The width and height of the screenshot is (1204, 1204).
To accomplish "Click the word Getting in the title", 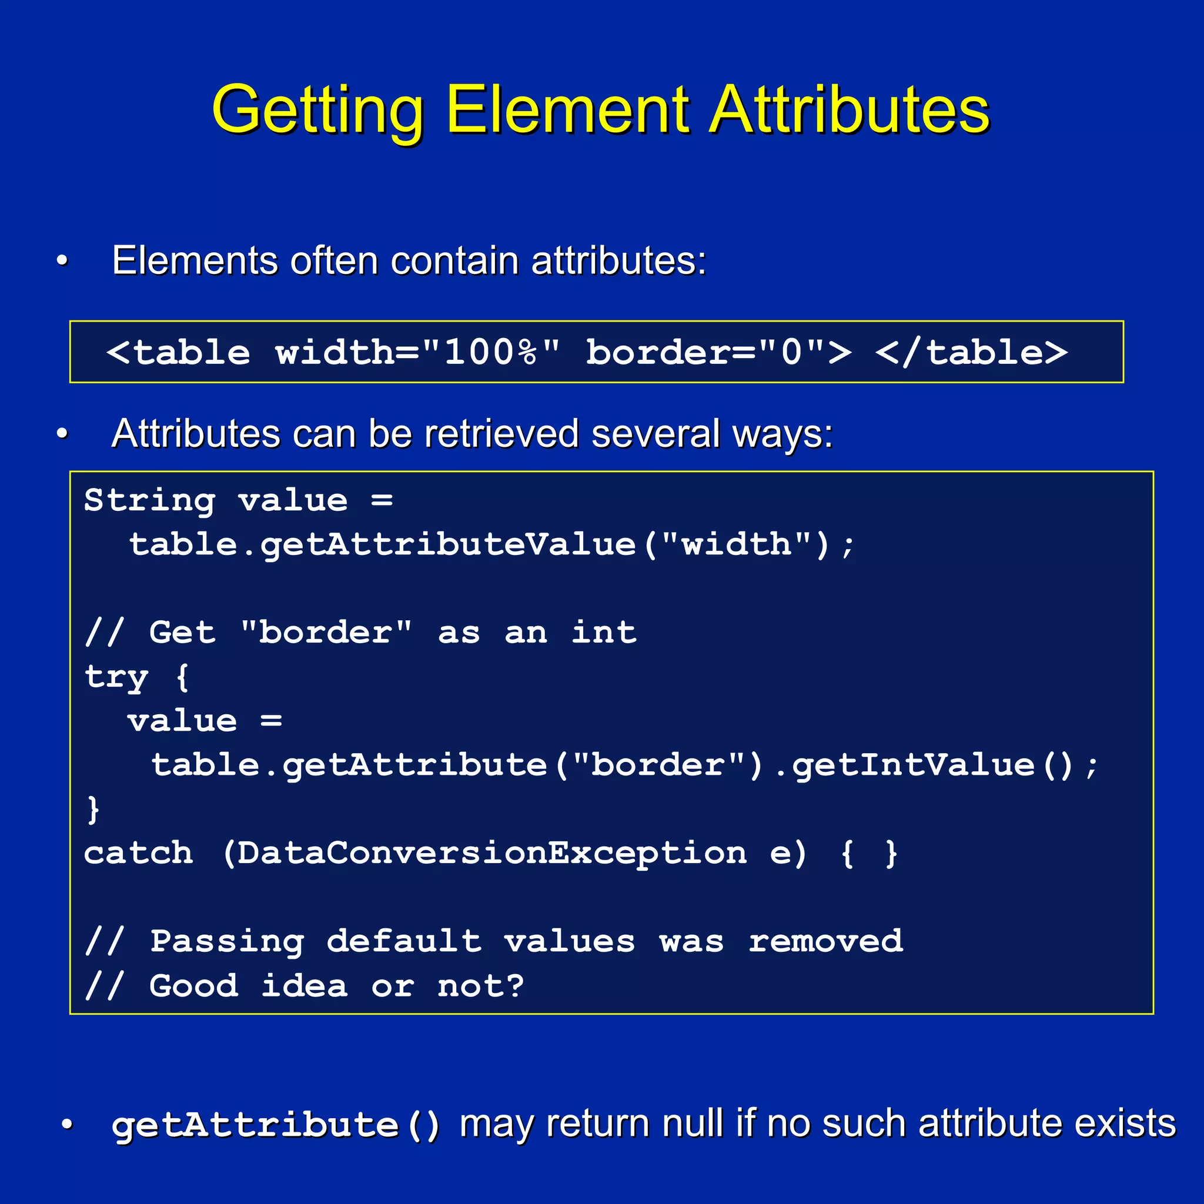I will click(318, 110).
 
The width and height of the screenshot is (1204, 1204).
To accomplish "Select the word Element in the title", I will click(568, 110).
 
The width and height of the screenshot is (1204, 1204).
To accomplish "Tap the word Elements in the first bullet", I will click(195, 260).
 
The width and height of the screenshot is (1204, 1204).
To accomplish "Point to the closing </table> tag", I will click(971, 353).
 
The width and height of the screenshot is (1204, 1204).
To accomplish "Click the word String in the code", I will click(149, 501).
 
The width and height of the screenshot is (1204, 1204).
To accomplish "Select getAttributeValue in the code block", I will click(448, 544).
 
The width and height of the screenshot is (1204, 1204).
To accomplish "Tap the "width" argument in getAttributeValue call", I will click(736, 544).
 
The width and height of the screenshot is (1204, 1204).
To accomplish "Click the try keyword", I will click(116, 677).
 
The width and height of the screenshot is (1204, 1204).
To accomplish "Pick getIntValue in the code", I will click(914, 765).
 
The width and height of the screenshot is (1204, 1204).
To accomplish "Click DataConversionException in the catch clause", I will click(491, 853).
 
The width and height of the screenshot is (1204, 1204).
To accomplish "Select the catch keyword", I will click(138, 853).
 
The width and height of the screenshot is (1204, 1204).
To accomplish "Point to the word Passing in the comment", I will click(227, 942).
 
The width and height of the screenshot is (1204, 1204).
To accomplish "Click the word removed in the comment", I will click(826, 942).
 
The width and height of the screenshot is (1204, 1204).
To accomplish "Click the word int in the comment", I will click(604, 633).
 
